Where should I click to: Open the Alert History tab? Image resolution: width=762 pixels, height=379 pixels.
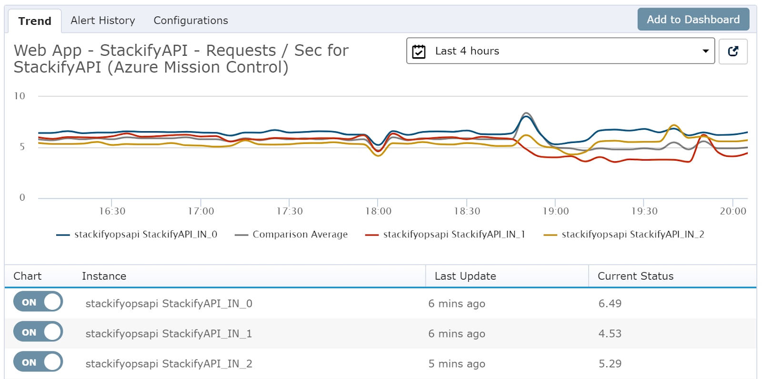pyautogui.click(x=103, y=20)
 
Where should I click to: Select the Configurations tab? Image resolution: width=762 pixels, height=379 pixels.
pyautogui.click(x=190, y=20)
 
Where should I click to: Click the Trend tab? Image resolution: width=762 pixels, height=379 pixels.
pyautogui.click(x=35, y=21)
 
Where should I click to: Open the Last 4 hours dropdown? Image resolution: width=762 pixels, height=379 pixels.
pyautogui.click(x=560, y=51)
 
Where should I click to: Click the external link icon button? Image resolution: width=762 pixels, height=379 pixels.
pyautogui.click(x=733, y=51)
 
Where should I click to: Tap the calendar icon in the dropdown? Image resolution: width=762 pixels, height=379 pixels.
pyautogui.click(x=419, y=51)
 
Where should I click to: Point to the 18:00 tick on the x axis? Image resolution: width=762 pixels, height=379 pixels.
pyautogui.click(x=378, y=211)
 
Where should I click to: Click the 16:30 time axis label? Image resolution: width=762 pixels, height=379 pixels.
pyautogui.click(x=112, y=211)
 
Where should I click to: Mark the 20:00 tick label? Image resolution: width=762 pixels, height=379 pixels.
pyautogui.click(x=733, y=211)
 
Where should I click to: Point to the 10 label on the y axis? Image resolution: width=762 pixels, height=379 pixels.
pyautogui.click(x=20, y=96)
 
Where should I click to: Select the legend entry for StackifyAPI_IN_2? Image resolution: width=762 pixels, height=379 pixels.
pyautogui.click(x=624, y=235)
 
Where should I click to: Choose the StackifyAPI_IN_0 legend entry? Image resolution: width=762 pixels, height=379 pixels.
pyautogui.click(x=137, y=235)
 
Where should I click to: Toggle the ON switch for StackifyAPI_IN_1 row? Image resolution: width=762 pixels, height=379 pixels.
pyautogui.click(x=38, y=332)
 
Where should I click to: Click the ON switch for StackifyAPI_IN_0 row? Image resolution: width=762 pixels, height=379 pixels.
pyautogui.click(x=38, y=302)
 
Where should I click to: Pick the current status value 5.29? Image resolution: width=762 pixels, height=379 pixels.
pyautogui.click(x=610, y=364)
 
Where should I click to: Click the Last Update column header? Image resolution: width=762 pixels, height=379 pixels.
pyautogui.click(x=465, y=276)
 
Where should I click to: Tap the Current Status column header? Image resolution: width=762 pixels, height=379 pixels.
pyautogui.click(x=635, y=276)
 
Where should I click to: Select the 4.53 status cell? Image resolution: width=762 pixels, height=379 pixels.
pyautogui.click(x=610, y=334)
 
